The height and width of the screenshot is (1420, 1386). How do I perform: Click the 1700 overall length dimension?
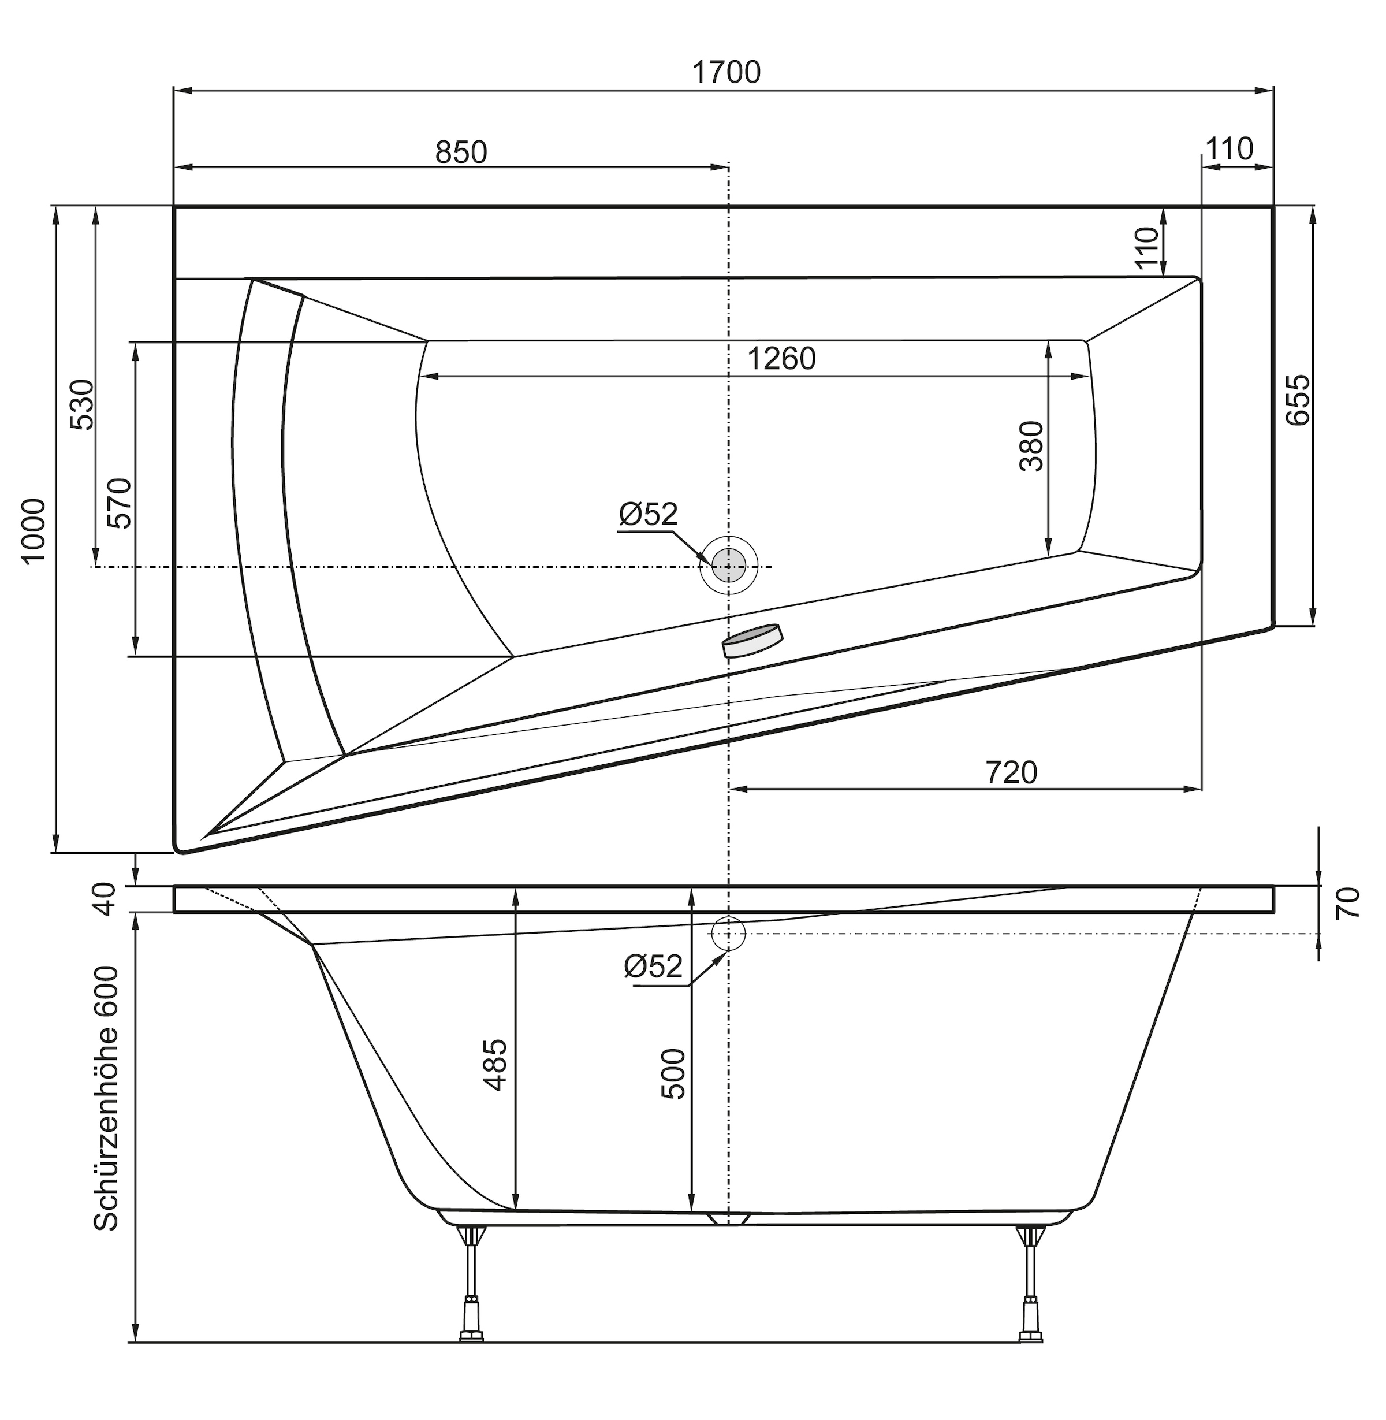726,73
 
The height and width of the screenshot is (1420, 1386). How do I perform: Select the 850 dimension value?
461,152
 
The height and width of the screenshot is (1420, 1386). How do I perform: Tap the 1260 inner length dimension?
782,359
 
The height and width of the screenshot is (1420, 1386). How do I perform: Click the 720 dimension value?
1011,772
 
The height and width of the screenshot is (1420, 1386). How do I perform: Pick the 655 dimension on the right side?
1298,400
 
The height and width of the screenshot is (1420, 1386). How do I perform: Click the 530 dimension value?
82,405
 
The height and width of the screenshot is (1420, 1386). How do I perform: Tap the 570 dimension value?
120,503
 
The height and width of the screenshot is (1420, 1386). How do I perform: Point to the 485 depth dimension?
495,1065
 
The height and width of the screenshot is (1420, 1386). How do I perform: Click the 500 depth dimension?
673,1073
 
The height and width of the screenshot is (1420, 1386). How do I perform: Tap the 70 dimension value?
1347,903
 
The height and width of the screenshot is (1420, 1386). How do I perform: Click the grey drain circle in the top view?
729,566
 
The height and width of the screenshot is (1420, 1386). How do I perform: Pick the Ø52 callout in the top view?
648,514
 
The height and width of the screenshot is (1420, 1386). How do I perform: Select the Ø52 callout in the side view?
653,967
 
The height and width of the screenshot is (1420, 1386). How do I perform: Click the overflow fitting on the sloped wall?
752,640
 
